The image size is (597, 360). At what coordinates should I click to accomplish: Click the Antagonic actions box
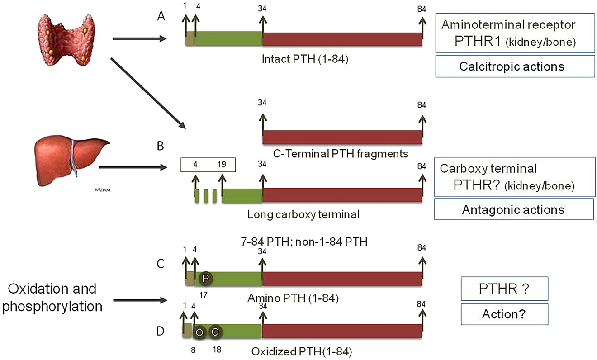click(513, 210)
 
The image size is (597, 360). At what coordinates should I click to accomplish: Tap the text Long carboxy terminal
click(303, 214)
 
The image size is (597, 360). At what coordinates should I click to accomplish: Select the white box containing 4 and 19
click(208, 165)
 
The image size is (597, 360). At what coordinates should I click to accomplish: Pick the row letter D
click(159, 332)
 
